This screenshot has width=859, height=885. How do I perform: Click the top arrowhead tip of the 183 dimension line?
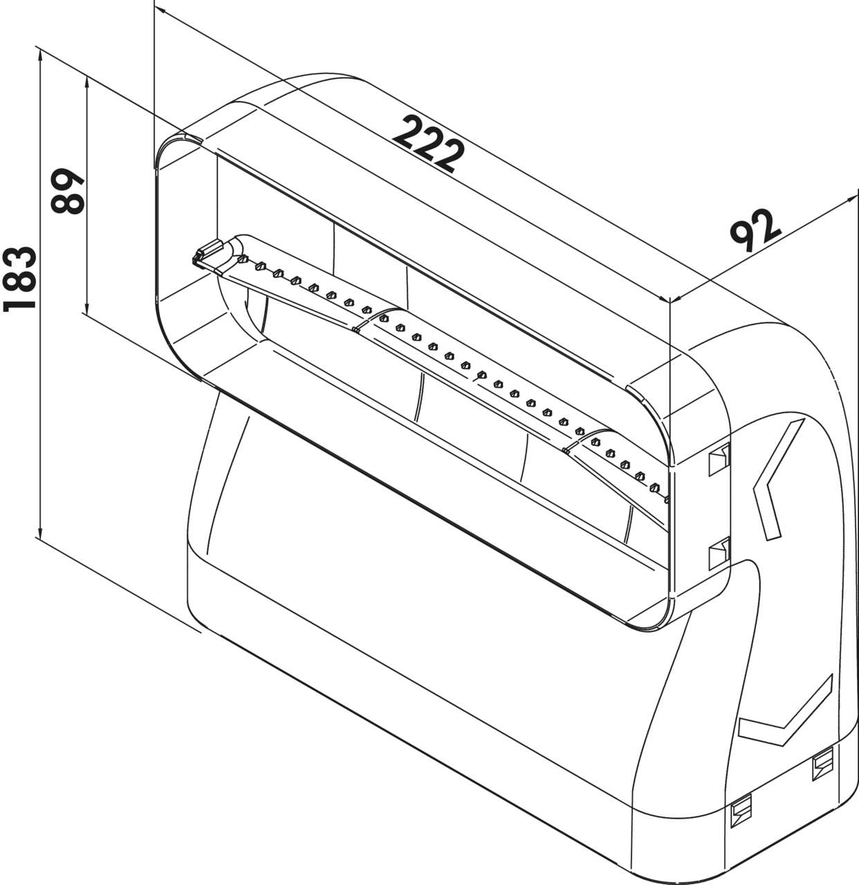click(x=41, y=51)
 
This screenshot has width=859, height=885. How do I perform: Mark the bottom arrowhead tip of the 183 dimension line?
click(x=41, y=539)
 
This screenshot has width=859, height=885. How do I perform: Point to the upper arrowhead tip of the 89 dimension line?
click(x=87, y=77)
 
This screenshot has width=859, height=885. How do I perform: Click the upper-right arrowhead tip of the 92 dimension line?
click(x=856, y=196)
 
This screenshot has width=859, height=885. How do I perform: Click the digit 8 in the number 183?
click(x=19, y=278)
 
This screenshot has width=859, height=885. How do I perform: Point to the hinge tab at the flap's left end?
click(x=207, y=252)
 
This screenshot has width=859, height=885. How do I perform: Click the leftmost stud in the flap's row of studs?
click(x=243, y=259)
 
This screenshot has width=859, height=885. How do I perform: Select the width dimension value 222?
click(x=428, y=144)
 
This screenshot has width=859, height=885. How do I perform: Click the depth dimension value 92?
click(x=755, y=230)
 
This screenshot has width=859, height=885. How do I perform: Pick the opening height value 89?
click(x=67, y=191)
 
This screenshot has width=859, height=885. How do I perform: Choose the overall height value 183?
click(x=19, y=279)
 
